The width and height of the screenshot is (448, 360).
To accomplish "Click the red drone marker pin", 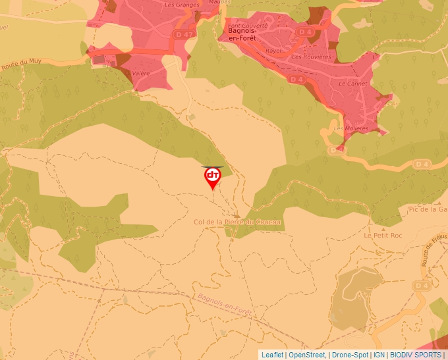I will click(x=212, y=177).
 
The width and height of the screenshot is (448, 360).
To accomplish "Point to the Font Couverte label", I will click(x=248, y=25).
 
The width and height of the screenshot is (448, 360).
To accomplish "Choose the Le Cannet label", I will click(x=352, y=84).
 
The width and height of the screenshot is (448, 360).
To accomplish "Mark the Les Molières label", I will click(x=351, y=129).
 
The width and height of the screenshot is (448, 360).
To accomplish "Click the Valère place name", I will click(x=141, y=74).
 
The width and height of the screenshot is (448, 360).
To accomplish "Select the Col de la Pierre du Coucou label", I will click(x=237, y=222).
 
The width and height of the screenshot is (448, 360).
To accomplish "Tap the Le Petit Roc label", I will click(x=382, y=235).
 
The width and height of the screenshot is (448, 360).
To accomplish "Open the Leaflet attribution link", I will click(x=272, y=355).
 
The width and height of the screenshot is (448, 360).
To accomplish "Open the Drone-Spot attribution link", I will click(x=350, y=355).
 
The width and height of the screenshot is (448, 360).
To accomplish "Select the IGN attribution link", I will click(x=379, y=355).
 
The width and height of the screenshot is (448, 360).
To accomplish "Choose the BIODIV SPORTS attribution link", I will click(x=416, y=355).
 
